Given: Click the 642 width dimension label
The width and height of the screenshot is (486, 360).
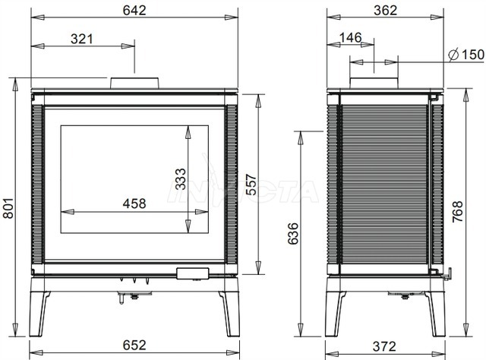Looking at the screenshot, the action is [x=134, y=11].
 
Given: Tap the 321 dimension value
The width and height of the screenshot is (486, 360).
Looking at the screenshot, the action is [x=82, y=39].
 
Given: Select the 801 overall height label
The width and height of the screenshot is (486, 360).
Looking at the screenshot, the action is [x=8, y=208].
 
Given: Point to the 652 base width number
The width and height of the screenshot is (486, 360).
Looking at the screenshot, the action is [x=134, y=345].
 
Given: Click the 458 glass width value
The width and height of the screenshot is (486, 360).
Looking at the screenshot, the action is [x=134, y=204].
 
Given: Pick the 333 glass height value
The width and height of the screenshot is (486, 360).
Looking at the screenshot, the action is [x=181, y=179].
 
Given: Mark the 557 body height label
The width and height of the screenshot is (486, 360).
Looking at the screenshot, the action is [x=251, y=185].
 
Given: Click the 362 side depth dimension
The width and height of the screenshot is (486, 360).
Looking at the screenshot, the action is [x=385, y=11].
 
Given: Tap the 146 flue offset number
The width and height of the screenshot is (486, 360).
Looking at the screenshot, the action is [x=351, y=37].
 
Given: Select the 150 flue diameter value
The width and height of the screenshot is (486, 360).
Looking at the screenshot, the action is [x=473, y=55].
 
